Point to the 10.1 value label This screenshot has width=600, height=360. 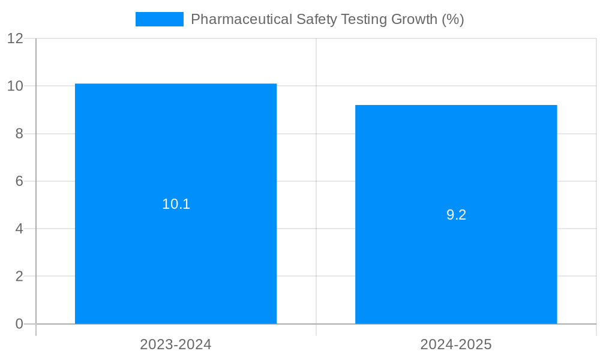[x=176, y=204]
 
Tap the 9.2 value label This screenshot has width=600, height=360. [x=456, y=215]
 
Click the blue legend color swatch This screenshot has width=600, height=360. [x=159, y=19]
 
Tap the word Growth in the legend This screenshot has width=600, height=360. [x=414, y=19]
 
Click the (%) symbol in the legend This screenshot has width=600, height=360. [x=453, y=19]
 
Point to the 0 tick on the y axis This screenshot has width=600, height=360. [x=19, y=324]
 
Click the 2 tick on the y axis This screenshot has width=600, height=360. [x=19, y=277]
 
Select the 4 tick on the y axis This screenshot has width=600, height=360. [x=19, y=229]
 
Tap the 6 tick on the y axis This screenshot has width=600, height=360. [x=19, y=181]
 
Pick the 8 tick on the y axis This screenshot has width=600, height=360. [x=19, y=134]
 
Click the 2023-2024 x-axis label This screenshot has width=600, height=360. [x=176, y=344]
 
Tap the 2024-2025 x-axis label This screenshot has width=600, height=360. [x=456, y=344]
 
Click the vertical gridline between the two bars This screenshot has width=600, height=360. [x=316, y=180]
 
